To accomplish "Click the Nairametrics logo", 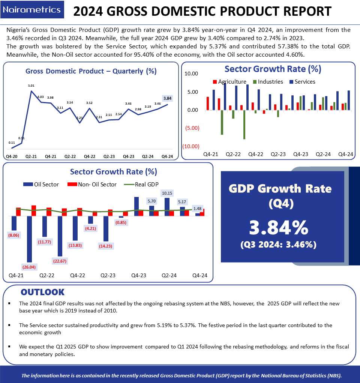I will click(31, 10).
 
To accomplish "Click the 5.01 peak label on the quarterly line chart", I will click(31, 86).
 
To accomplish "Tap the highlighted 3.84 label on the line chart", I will click(168, 98).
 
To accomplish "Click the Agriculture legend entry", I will click(229, 82).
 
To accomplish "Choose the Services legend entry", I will click(302, 82).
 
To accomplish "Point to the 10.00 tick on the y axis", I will click(191, 74).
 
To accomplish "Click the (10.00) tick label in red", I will click(190, 146).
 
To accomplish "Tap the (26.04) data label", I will click(29, 267).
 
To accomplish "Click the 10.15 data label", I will click(167, 193).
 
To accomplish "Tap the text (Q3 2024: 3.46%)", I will click(279, 245).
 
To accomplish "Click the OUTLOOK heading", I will click(42, 292).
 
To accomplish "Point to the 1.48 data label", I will click(197, 209).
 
